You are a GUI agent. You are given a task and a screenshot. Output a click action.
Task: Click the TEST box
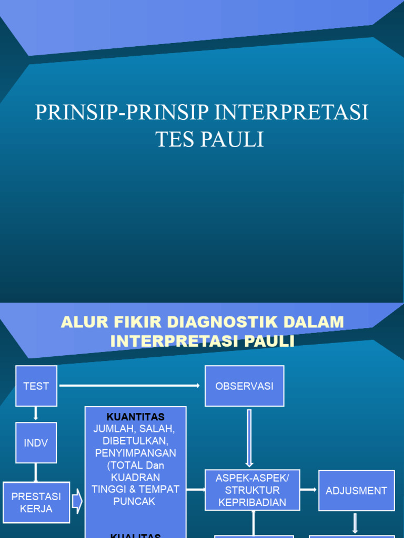click(36, 386)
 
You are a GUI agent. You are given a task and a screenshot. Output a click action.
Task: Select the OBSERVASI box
click(244, 386)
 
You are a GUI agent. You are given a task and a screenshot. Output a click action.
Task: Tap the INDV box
click(36, 443)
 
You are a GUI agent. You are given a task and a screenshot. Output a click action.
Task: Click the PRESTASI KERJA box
click(36, 502)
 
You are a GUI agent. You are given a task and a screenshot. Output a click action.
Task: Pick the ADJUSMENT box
click(356, 491)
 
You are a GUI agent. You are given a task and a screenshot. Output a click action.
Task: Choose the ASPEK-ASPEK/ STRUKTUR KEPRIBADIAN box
click(252, 490)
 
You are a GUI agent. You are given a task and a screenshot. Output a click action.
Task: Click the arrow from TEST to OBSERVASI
click(130, 386)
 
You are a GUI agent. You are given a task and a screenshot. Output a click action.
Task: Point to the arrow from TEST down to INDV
click(36, 413)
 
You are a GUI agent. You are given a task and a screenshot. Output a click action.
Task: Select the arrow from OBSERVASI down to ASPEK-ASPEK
click(249, 438)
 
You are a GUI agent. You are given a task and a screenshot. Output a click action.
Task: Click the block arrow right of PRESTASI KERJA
click(77, 502)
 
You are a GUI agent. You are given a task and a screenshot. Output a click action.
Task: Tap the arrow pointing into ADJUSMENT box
click(309, 490)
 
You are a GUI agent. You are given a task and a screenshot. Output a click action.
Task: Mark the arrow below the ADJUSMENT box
click(356, 523)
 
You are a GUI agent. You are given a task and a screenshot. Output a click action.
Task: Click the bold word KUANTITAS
click(136, 417)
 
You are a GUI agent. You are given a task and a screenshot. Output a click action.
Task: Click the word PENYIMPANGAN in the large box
click(136, 453)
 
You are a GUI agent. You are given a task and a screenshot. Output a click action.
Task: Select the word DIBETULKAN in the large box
click(136, 441)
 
